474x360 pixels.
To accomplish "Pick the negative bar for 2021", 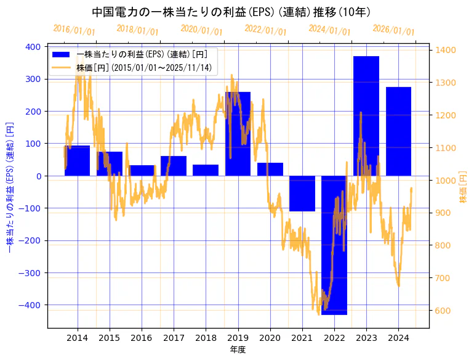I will coord(302,194).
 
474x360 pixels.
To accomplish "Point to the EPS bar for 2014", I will coord(77,161).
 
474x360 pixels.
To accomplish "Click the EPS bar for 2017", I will coord(174,166).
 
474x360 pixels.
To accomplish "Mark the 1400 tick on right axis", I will coord(446,51).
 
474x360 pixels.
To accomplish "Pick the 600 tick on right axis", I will coord(444,311).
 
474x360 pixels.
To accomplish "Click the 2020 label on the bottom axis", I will coord(270,338).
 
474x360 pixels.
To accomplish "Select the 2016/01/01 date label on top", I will coord(74,30).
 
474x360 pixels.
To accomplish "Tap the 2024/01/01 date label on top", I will coord(329,30).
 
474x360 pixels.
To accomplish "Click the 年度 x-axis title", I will coord(238,350).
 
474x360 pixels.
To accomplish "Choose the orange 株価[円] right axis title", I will coord(463,187).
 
